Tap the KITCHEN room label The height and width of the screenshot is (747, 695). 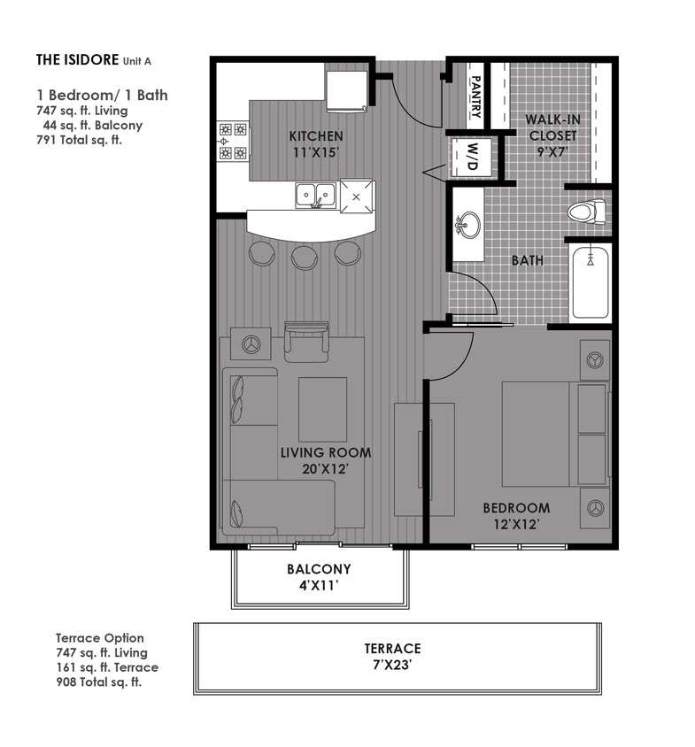point(316,136)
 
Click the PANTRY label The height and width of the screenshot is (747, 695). point(475,96)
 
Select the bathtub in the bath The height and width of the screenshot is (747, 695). point(590,282)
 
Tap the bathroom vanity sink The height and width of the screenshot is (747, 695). point(467,226)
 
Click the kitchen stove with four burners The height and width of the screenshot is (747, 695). point(233,141)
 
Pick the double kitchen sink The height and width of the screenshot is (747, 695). point(315,194)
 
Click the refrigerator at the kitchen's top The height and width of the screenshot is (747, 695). point(346,91)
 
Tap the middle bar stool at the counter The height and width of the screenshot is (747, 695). point(305,257)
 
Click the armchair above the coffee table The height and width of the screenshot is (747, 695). point(306,343)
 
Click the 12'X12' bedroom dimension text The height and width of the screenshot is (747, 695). point(515,524)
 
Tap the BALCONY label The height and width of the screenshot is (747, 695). point(319,569)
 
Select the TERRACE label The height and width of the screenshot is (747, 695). point(391,649)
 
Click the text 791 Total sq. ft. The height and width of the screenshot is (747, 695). point(79,140)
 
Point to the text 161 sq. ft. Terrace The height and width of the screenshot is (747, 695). point(107,667)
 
